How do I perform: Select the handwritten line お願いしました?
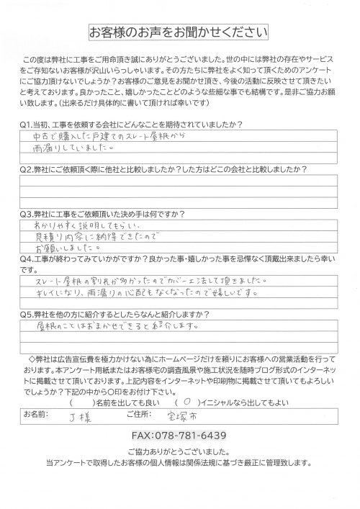58,246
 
